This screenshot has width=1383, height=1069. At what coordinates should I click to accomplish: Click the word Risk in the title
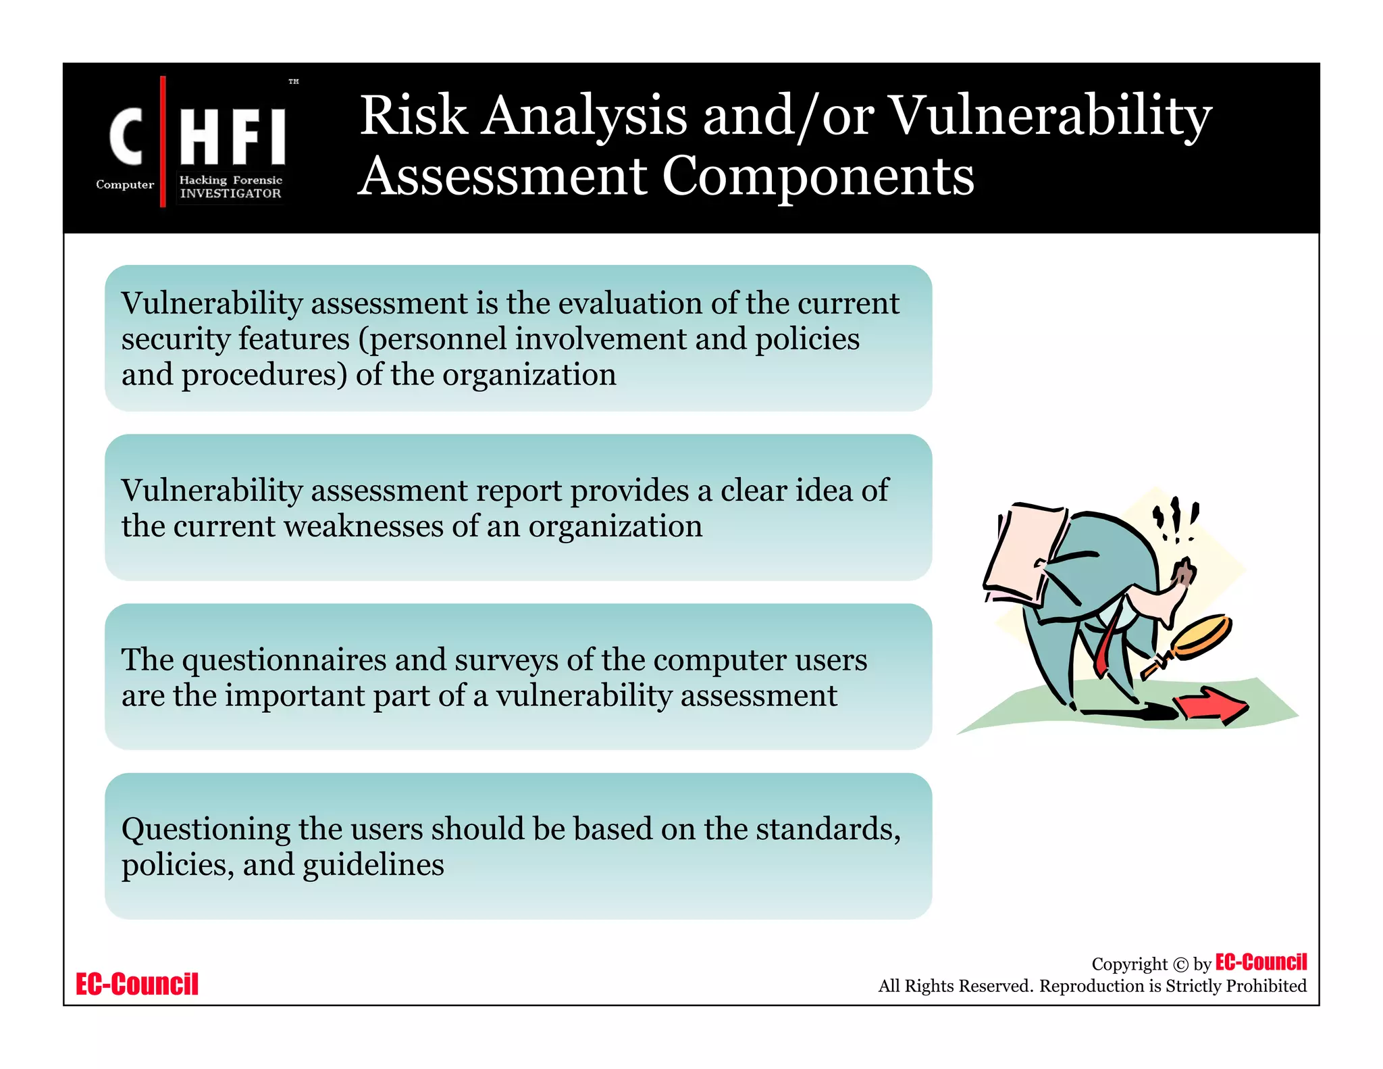[x=413, y=116]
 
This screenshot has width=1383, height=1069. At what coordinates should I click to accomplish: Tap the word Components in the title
[x=818, y=176]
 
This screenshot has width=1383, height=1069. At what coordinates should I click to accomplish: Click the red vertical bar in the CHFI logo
[x=163, y=141]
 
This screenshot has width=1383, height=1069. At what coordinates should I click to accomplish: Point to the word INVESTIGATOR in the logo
[x=230, y=193]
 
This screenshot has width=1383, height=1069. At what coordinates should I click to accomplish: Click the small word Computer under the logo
[x=125, y=184]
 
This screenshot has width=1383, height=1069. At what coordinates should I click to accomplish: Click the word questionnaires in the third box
[x=284, y=660]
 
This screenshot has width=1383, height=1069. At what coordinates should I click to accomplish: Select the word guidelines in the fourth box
[x=373, y=865]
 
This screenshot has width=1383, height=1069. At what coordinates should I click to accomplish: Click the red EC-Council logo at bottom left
[x=137, y=984]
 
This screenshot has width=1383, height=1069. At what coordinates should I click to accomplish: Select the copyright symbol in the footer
[x=1180, y=965]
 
